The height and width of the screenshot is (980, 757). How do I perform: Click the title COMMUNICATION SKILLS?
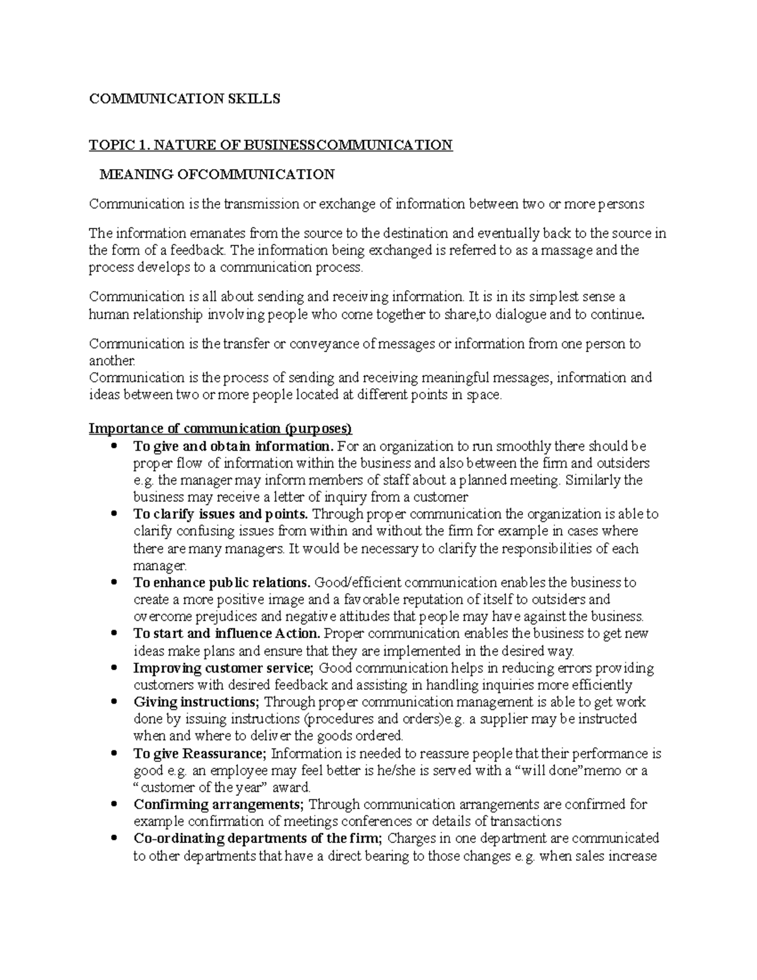184,98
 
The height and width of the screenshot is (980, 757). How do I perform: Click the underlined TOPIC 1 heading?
271,145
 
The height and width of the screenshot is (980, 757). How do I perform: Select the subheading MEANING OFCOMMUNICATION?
217,174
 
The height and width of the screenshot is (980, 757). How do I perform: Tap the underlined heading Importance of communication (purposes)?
220,429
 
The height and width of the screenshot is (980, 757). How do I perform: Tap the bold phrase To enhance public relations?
222,582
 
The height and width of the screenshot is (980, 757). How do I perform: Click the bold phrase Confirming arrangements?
219,805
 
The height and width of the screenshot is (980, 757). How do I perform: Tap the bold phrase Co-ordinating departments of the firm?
258,839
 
